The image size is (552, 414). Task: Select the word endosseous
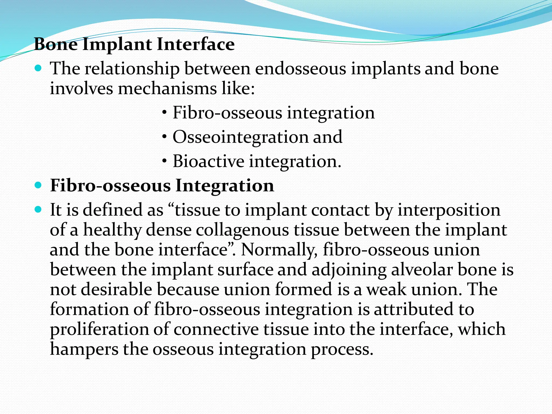coord(301,68)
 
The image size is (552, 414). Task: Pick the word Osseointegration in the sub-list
coord(240,137)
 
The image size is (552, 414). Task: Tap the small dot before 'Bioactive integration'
coord(164,161)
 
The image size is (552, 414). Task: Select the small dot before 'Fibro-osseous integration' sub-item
coord(164,113)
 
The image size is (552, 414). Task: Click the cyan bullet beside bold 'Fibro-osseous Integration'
coord(39,185)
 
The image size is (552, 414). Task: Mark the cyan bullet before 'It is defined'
coord(39,209)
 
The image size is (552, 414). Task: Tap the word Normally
coord(279,250)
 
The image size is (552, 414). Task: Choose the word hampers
coord(84,349)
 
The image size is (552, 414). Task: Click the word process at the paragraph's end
coord(342,350)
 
